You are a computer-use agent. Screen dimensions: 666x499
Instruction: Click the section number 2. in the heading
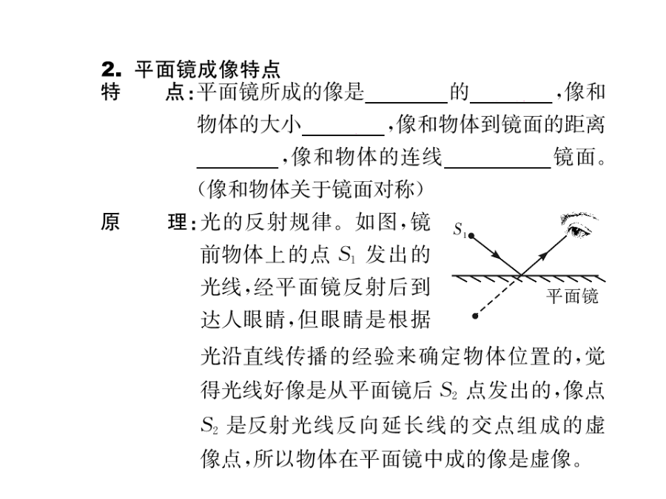pos(111,69)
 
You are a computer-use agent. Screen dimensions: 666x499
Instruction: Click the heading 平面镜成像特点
pos(208,69)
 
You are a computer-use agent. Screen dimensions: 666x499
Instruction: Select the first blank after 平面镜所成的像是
pos(406,102)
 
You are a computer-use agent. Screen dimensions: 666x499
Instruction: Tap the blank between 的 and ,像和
pos(511,102)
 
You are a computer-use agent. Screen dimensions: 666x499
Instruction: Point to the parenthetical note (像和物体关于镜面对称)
pos(311,189)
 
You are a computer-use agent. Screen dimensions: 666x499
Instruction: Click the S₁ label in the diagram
pos(460,230)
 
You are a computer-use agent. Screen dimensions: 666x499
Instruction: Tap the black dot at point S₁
pos(471,235)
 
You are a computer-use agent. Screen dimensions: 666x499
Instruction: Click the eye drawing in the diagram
pos(579,225)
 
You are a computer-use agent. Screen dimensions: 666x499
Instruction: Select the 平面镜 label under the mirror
pos(572,296)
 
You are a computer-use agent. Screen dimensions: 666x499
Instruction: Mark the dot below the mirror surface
pos(475,316)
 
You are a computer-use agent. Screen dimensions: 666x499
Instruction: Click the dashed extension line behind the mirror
pos(498,296)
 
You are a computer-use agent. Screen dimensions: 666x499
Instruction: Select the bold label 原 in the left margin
pos(110,222)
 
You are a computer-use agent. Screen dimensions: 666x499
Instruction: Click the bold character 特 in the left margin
pos(110,92)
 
